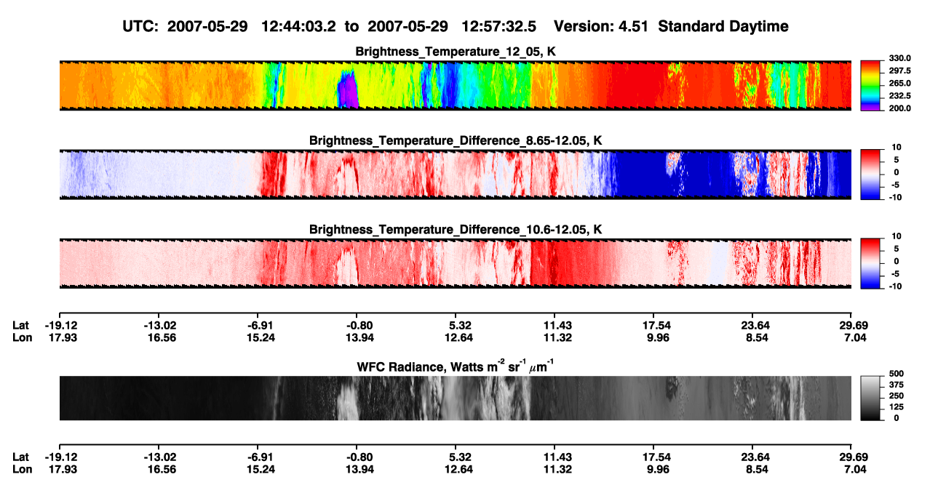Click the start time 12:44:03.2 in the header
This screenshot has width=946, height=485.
click(298, 26)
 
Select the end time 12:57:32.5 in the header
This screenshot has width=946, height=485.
click(498, 26)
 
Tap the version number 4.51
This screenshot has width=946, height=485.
click(633, 26)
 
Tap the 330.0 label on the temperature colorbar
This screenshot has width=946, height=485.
click(899, 58)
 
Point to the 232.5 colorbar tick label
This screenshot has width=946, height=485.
click(899, 96)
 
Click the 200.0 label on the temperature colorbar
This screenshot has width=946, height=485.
click(899, 108)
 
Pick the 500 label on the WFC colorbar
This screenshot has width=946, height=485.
click(896, 374)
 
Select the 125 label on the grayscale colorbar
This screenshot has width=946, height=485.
click(896, 407)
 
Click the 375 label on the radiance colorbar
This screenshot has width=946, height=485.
click(896, 385)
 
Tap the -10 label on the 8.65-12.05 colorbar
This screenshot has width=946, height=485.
click(895, 198)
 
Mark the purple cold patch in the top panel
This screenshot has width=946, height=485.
click(348, 89)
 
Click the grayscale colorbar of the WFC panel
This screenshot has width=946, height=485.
click(870, 398)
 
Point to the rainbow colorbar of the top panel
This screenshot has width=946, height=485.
click(870, 86)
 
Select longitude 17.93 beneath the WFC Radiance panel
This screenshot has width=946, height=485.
click(62, 470)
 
